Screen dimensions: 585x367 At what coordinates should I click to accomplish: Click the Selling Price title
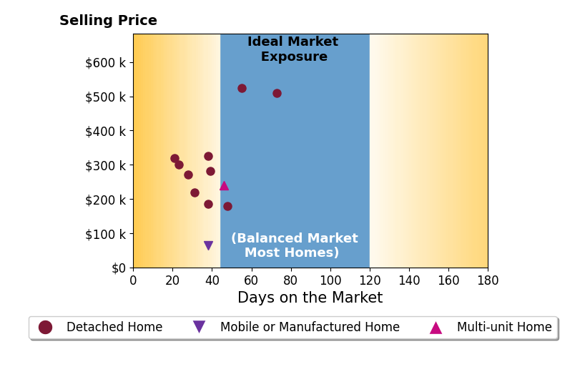point(108,21)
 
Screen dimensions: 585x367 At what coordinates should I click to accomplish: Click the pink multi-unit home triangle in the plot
point(224,186)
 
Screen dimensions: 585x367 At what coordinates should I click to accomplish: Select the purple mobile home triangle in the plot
point(209,245)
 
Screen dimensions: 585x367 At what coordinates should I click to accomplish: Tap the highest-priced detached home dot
point(242,89)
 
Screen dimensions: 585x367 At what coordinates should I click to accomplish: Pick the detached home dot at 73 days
point(277,93)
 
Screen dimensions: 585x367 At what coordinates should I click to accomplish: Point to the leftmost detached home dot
point(174,159)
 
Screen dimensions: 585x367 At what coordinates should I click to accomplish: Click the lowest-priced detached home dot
point(227,207)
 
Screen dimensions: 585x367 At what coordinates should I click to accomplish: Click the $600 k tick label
point(106,63)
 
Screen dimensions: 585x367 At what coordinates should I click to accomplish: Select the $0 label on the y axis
point(119,268)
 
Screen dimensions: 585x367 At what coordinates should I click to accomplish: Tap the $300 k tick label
point(106,165)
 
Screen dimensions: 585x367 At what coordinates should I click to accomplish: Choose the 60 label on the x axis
point(251,280)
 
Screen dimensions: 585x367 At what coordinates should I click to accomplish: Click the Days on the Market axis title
point(310,298)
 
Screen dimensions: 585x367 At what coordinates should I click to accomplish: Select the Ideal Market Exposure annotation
point(293,49)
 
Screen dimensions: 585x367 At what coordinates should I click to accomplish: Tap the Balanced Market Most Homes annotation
point(295,245)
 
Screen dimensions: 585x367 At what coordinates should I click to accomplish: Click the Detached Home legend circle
point(46,327)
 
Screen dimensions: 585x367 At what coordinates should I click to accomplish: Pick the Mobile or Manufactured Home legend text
point(310,327)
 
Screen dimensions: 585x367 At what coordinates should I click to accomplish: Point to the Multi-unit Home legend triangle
point(436,328)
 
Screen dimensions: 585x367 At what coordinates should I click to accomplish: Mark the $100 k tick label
point(106,234)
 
